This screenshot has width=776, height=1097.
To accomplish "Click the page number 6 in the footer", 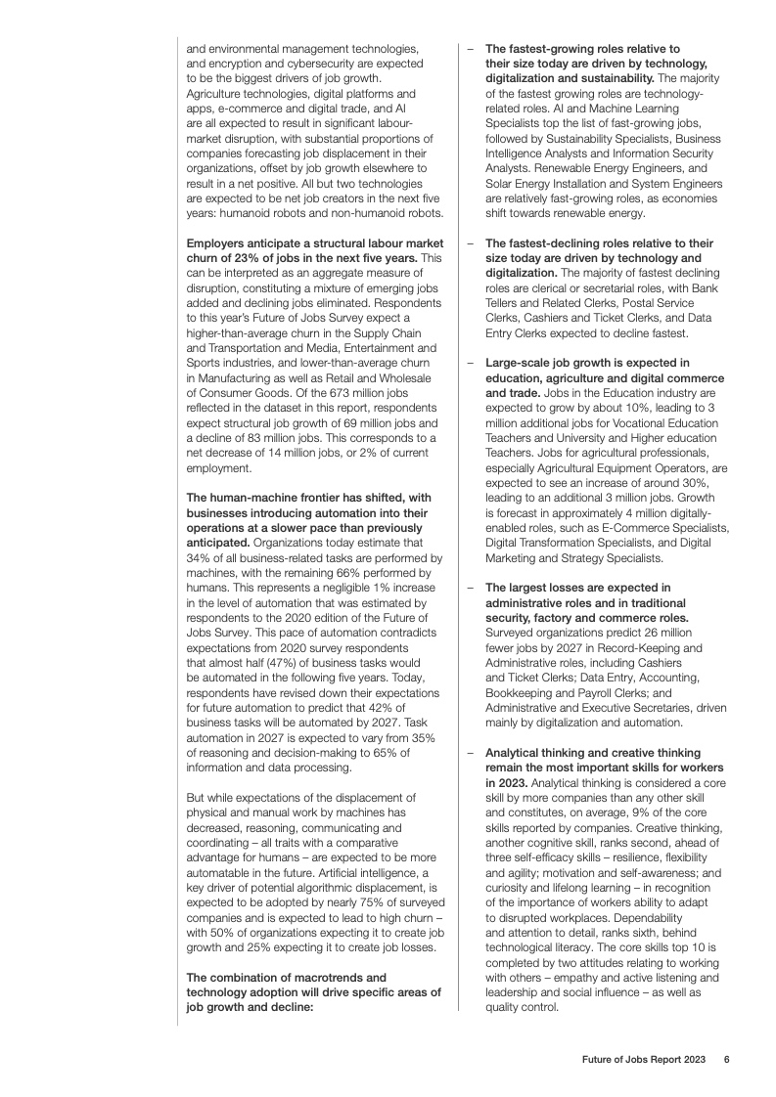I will point(726,1059).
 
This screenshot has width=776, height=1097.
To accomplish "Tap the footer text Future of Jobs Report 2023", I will point(643,1059).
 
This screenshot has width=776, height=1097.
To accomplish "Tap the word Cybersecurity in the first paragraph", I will point(335,63).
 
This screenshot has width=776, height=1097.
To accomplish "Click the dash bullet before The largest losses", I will point(471,588).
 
